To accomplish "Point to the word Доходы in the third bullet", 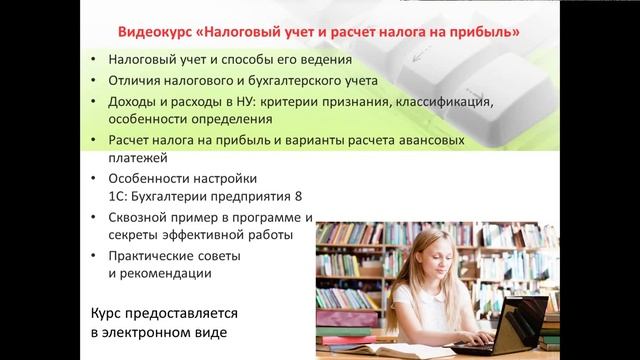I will coord(133,101).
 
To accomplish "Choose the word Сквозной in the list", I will coord(142,217).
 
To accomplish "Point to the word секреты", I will coord(138,235).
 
